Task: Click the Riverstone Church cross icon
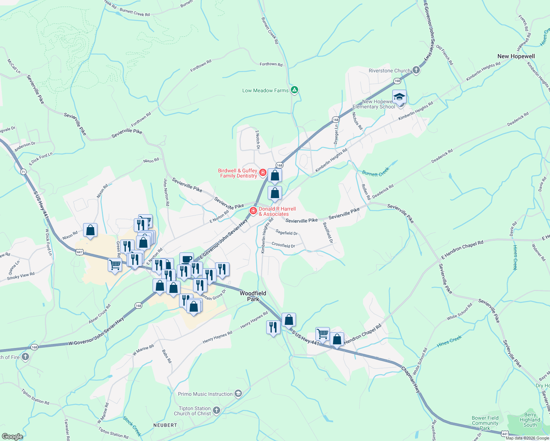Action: [416, 70]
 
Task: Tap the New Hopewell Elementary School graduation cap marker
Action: [399, 97]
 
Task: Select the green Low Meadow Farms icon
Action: [294, 90]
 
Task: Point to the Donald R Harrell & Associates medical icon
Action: [253, 211]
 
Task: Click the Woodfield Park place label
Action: [253, 296]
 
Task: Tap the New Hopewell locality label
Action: [516, 56]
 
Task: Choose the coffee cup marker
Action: [186, 259]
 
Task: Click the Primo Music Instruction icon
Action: [238, 394]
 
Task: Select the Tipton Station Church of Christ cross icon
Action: [217, 410]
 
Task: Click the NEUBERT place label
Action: [165, 425]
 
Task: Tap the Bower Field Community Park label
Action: [485, 423]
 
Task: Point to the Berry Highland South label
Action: [530, 420]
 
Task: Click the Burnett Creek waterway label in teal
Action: [375, 172]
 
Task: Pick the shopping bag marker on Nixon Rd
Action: [90, 230]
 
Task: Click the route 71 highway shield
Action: [24, 172]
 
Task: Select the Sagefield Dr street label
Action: [286, 233]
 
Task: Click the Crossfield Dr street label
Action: [283, 245]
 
